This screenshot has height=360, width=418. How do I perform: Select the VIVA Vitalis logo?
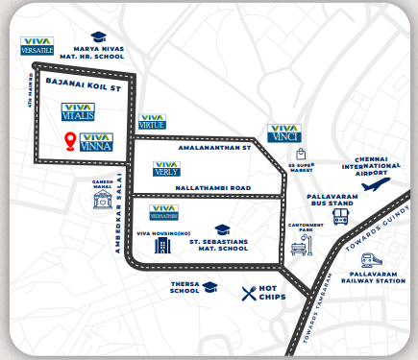[77, 110]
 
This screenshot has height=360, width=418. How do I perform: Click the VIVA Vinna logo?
[97, 143]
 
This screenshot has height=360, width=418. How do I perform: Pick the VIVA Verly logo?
[167, 169]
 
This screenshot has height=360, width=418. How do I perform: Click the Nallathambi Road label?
[212, 186]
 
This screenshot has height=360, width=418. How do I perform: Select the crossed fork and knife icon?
[253, 294]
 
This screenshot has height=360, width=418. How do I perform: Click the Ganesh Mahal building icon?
[101, 202]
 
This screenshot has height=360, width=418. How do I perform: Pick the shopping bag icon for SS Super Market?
[303, 154]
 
